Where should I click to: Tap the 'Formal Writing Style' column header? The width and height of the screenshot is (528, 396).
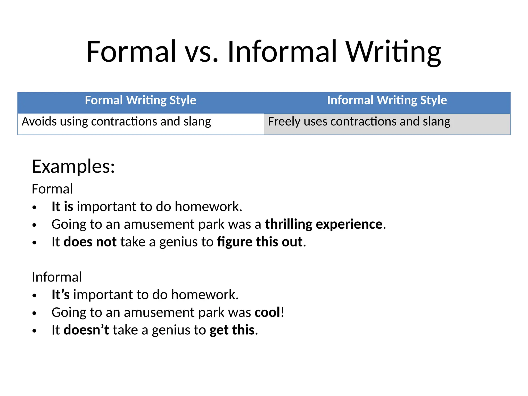coord(141,100)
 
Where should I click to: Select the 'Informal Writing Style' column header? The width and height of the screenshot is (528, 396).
coord(387,100)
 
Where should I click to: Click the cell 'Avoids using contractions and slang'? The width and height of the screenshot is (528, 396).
coord(116,121)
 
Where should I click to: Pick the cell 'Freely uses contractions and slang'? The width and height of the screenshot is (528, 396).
coord(359,121)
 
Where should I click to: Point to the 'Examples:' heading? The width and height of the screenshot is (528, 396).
coord(73,167)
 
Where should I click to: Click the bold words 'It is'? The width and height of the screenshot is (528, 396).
coord(62,207)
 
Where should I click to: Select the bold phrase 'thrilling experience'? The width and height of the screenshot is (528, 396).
coord(324,224)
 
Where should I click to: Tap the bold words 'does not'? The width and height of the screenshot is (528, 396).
coord(90,242)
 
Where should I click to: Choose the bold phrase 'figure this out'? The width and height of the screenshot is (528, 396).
coord(260,242)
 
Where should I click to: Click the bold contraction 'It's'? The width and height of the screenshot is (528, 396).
coord(61,295)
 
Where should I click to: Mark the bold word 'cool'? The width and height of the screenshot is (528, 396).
coord(267,312)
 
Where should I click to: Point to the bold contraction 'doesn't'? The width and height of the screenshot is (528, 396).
coord(86,330)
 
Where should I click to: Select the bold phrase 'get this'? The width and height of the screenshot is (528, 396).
coord(232,330)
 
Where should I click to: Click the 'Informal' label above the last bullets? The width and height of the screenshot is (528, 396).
coord(57,277)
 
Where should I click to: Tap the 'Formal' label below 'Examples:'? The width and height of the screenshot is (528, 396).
coord(52,189)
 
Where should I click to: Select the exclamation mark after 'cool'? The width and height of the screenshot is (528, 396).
coord(283,312)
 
